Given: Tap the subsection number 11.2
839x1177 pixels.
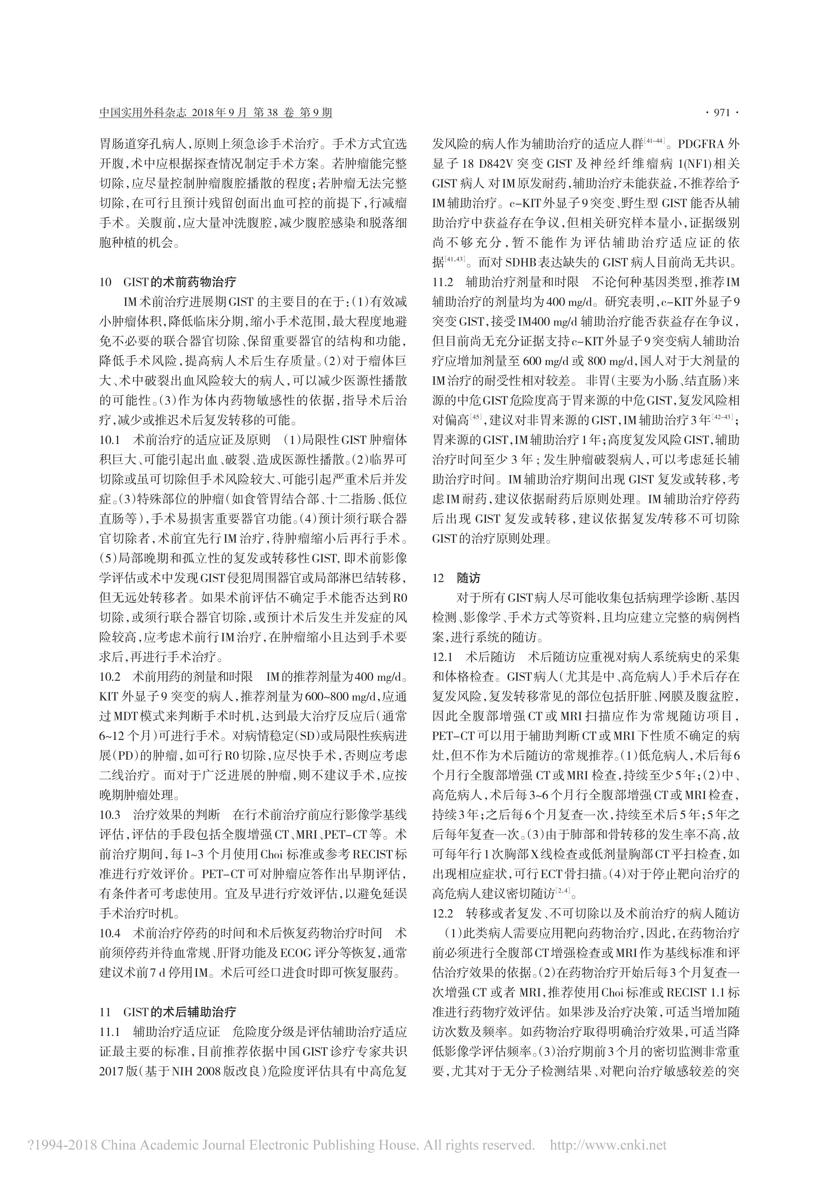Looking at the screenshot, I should (x=443, y=282).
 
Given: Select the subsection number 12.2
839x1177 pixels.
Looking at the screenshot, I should (x=443, y=913).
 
